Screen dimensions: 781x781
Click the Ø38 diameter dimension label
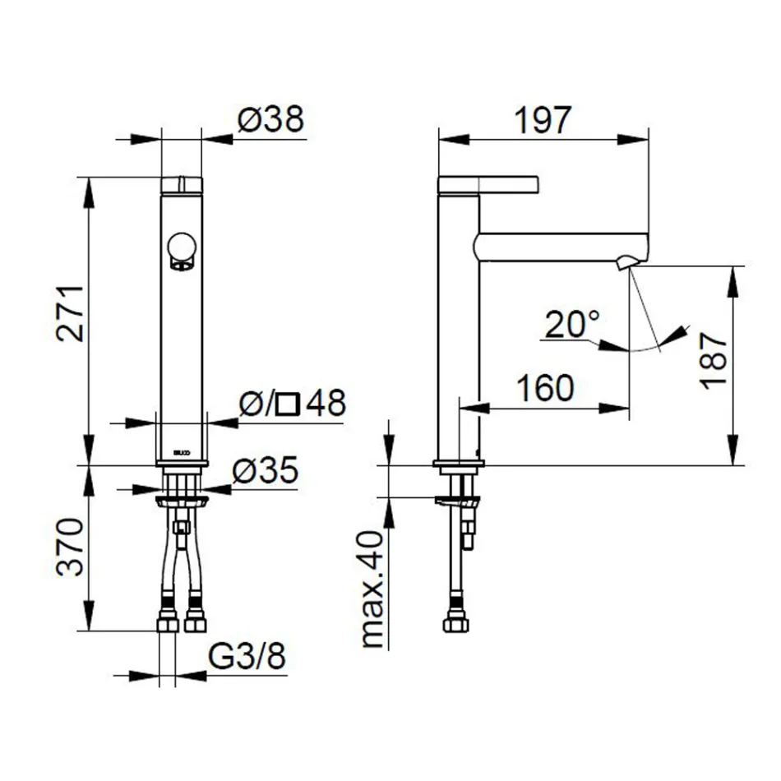tap(270, 120)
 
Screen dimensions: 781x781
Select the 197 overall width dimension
tap(542, 120)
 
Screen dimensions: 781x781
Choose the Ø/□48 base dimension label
tap(291, 404)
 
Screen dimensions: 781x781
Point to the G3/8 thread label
tap(247, 657)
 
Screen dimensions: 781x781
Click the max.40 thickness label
tap(372, 589)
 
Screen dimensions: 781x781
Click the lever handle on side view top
tap(488, 184)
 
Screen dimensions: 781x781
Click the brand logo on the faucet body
tap(178, 451)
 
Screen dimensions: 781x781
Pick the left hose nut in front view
tap(169, 622)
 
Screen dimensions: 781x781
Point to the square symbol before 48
tap(288, 404)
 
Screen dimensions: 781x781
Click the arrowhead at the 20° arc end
tap(678, 333)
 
